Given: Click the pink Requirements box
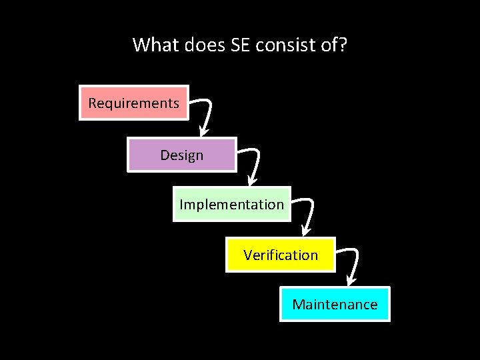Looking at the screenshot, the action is [x=134, y=103].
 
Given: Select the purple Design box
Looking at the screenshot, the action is [x=182, y=155].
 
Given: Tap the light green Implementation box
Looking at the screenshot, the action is [x=232, y=204].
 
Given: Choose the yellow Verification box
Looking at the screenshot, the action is [x=281, y=254].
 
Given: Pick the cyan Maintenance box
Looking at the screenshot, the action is [x=335, y=304].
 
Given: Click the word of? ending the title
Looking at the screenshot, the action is [x=336, y=45].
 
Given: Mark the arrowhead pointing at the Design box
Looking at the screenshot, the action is [x=202, y=132].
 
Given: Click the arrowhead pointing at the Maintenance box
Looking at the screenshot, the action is [x=351, y=282].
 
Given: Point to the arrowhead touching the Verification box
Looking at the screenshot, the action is [x=304, y=232].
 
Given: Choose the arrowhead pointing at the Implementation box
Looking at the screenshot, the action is [x=251, y=181].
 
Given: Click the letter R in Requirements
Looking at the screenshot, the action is [x=93, y=103].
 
